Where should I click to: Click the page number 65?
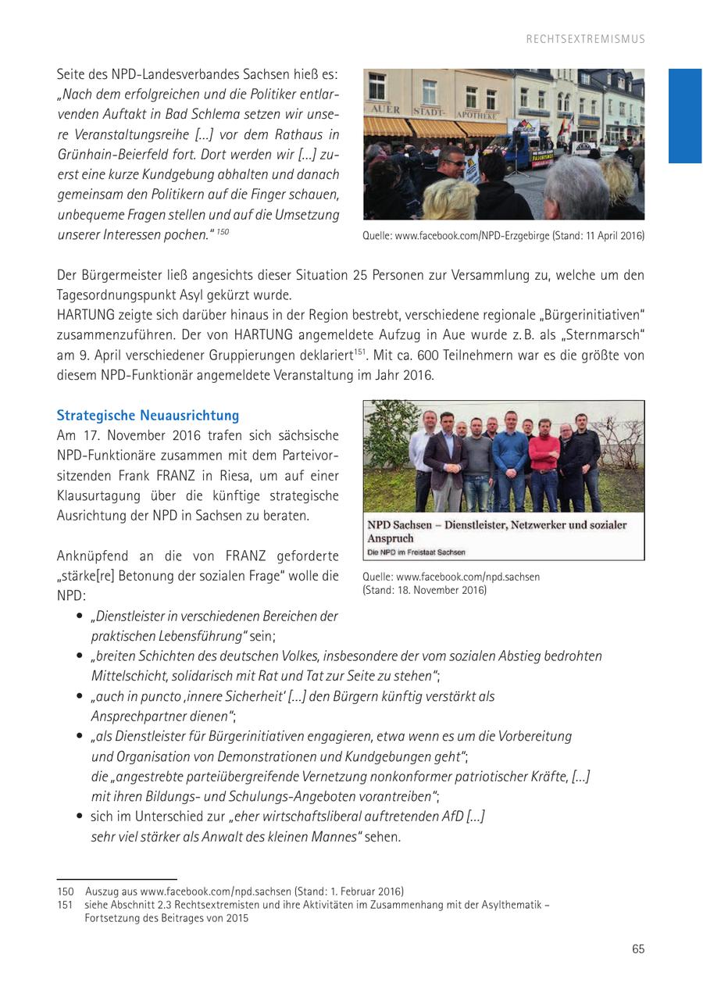(x=638, y=949)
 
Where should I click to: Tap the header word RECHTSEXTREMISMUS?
(x=585, y=39)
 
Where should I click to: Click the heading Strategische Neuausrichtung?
(x=148, y=415)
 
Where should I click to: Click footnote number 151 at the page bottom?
(x=64, y=905)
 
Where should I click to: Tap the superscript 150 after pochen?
(x=223, y=232)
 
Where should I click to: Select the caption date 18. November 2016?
(x=441, y=590)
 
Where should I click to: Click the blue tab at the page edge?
(x=685, y=116)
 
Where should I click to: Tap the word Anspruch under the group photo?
(x=391, y=538)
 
